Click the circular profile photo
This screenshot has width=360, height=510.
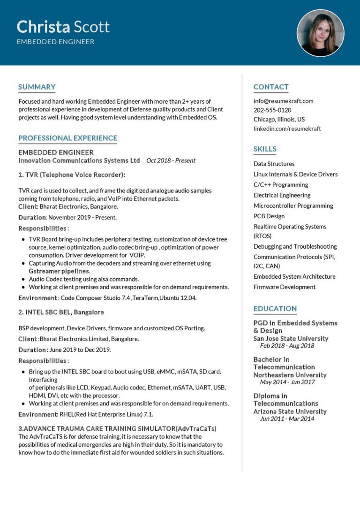[x=321, y=33]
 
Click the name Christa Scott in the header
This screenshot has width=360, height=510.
[x=63, y=27]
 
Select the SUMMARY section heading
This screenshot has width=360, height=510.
[x=37, y=87]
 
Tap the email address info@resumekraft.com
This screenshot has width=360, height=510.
[x=283, y=101]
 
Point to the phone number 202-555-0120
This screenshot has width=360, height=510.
[x=272, y=110]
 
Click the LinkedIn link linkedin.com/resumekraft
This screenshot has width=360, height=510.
[x=287, y=129]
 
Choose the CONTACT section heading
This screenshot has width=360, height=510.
[x=271, y=87]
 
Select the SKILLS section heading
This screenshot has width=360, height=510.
[x=265, y=149]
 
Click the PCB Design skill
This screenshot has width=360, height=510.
[x=269, y=216]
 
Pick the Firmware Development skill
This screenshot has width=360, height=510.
[x=285, y=287]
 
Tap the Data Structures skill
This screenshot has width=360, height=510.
[x=274, y=164]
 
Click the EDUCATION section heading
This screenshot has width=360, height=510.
[x=275, y=309]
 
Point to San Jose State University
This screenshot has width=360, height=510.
[x=291, y=339]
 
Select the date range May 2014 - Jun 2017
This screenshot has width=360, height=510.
[x=287, y=382]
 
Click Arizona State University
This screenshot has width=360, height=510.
[x=290, y=411]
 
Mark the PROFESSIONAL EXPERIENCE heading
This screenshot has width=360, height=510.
[x=68, y=138]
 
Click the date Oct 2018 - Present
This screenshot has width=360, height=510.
[x=171, y=160]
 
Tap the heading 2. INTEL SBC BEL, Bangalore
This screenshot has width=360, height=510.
[x=61, y=312]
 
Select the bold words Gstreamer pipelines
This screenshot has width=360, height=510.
[x=59, y=271]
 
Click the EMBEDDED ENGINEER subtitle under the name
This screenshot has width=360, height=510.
[x=55, y=42]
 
